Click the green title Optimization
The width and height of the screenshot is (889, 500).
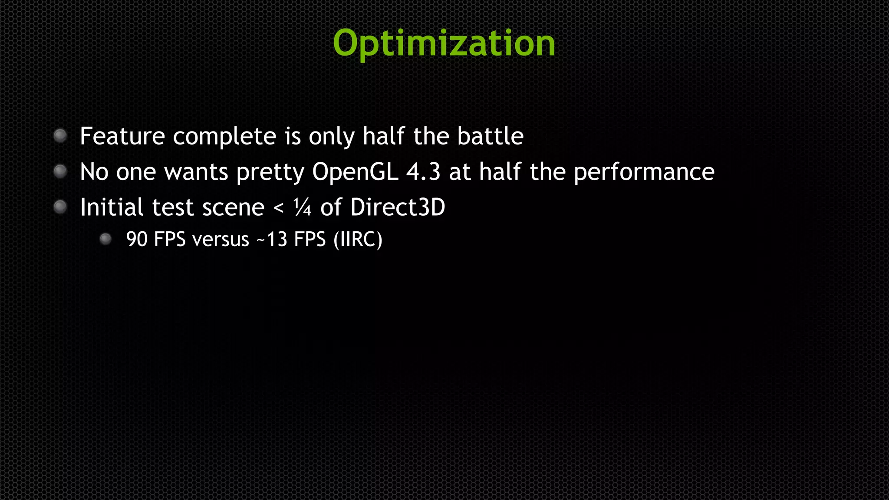click(444, 43)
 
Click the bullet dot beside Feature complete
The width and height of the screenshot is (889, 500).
click(60, 136)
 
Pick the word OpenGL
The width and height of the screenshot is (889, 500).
click(355, 172)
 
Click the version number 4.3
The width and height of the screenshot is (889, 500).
click(423, 172)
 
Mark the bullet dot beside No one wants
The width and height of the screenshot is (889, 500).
click(60, 171)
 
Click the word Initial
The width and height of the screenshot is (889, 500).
click(112, 207)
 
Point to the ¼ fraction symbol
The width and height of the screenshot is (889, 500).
click(302, 207)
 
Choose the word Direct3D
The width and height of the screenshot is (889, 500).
click(398, 207)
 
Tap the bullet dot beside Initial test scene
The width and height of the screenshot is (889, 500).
click(60, 207)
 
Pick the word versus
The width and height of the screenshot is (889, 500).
click(221, 240)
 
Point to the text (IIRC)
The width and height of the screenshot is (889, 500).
click(358, 240)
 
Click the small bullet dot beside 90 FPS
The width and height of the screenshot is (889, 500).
click(105, 239)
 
